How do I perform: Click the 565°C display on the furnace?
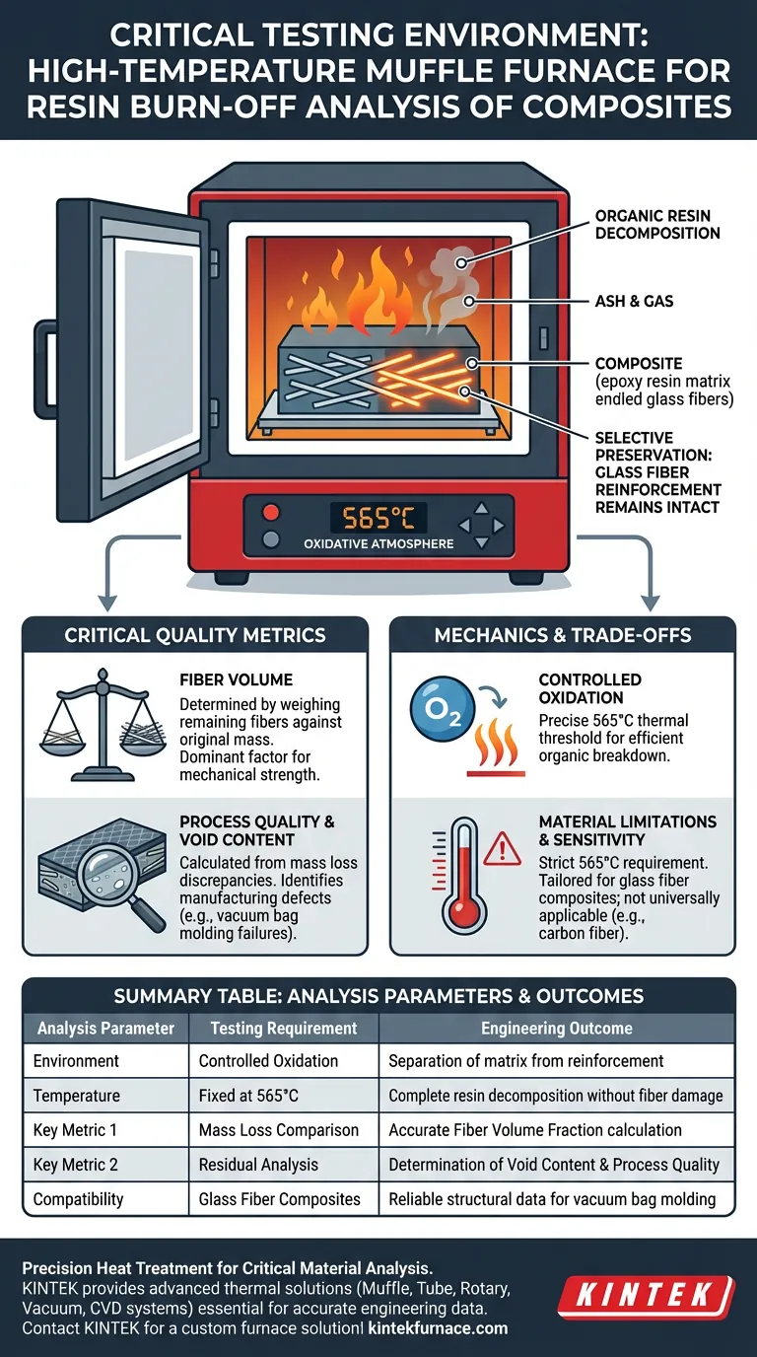click(378, 518)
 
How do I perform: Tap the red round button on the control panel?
click(271, 513)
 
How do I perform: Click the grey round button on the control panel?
click(271, 539)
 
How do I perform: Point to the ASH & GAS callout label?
click(634, 301)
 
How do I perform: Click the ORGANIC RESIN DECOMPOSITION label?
click(657, 225)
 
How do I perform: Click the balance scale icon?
click(103, 725)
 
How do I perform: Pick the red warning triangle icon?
click(502, 848)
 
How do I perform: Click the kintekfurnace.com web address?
click(438, 1328)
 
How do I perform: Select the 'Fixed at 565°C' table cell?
click(248, 1096)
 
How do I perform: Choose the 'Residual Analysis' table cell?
click(258, 1165)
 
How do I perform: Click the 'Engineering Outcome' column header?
click(557, 1028)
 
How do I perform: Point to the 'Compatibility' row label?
click(78, 1199)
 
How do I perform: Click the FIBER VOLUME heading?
click(237, 679)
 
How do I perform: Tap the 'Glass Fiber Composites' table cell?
click(279, 1199)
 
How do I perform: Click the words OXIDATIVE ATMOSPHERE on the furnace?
click(378, 544)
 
